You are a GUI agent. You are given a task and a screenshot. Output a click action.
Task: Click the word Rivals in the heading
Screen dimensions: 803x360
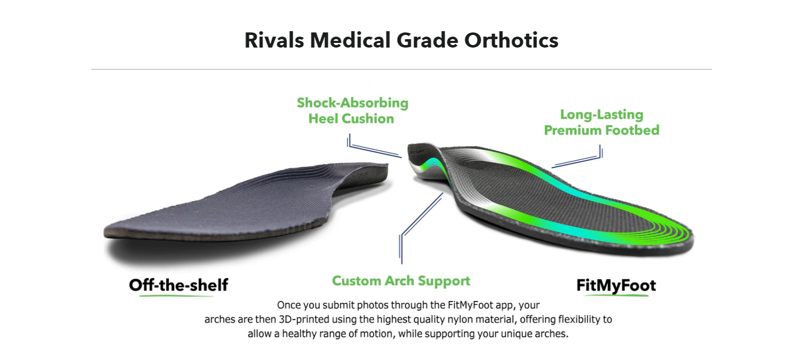pyautogui.click(x=274, y=40)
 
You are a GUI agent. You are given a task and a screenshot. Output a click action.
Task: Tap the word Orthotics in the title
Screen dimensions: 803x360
pyautogui.click(x=511, y=40)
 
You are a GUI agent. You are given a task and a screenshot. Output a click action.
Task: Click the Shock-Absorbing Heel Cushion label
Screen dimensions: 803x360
pyautogui.click(x=352, y=111)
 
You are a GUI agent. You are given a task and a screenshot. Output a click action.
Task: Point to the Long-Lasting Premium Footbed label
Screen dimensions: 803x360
pyautogui.click(x=601, y=122)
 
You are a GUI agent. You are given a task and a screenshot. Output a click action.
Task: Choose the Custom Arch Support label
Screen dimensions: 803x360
pyautogui.click(x=401, y=281)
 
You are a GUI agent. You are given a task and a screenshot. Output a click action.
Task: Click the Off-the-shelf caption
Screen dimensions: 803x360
pyautogui.click(x=178, y=285)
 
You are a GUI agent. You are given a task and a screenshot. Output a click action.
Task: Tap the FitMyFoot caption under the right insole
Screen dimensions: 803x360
pyautogui.click(x=616, y=286)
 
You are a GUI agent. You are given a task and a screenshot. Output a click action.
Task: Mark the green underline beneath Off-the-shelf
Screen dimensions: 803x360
pyautogui.click(x=177, y=296)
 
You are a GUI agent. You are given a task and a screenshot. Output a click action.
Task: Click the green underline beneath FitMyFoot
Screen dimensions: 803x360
pyautogui.click(x=616, y=296)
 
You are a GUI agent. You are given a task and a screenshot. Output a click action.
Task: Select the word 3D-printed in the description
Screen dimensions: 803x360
pyautogui.click(x=304, y=320)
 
